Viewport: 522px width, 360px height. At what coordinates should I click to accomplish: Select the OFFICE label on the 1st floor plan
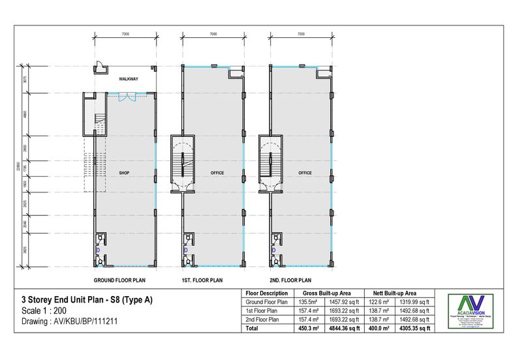point(217,173)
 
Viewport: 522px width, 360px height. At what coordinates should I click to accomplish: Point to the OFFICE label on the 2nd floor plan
point(304,173)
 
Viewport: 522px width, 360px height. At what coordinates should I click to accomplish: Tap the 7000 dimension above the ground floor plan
point(125,33)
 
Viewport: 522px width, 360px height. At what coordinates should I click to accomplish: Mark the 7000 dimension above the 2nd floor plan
point(301,33)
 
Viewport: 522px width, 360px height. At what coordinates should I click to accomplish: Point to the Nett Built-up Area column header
point(397,293)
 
